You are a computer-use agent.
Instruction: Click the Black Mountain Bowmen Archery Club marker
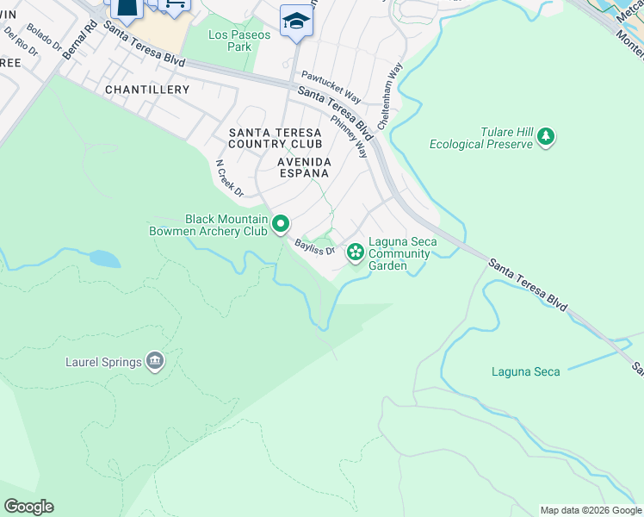click(x=281, y=225)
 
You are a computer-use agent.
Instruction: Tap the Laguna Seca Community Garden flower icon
click(x=355, y=252)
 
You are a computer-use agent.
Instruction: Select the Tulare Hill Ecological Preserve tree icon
click(x=544, y=137)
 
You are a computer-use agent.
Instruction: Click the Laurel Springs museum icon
click(x=155, y=361)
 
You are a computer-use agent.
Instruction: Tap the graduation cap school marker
click(x=295, y=21)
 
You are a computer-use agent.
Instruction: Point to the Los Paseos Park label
click(x=239, y=40)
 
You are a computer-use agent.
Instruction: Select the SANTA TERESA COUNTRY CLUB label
click(x=275, y=138)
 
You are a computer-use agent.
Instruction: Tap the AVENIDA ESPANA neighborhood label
click(x=303, y=167)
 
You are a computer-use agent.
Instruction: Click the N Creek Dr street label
click(x=230, y=178)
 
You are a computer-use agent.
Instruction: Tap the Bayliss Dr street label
click(x=313, y=246)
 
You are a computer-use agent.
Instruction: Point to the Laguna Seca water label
click(x=525, y=372)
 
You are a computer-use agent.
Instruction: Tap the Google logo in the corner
click(x=28, y=507)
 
